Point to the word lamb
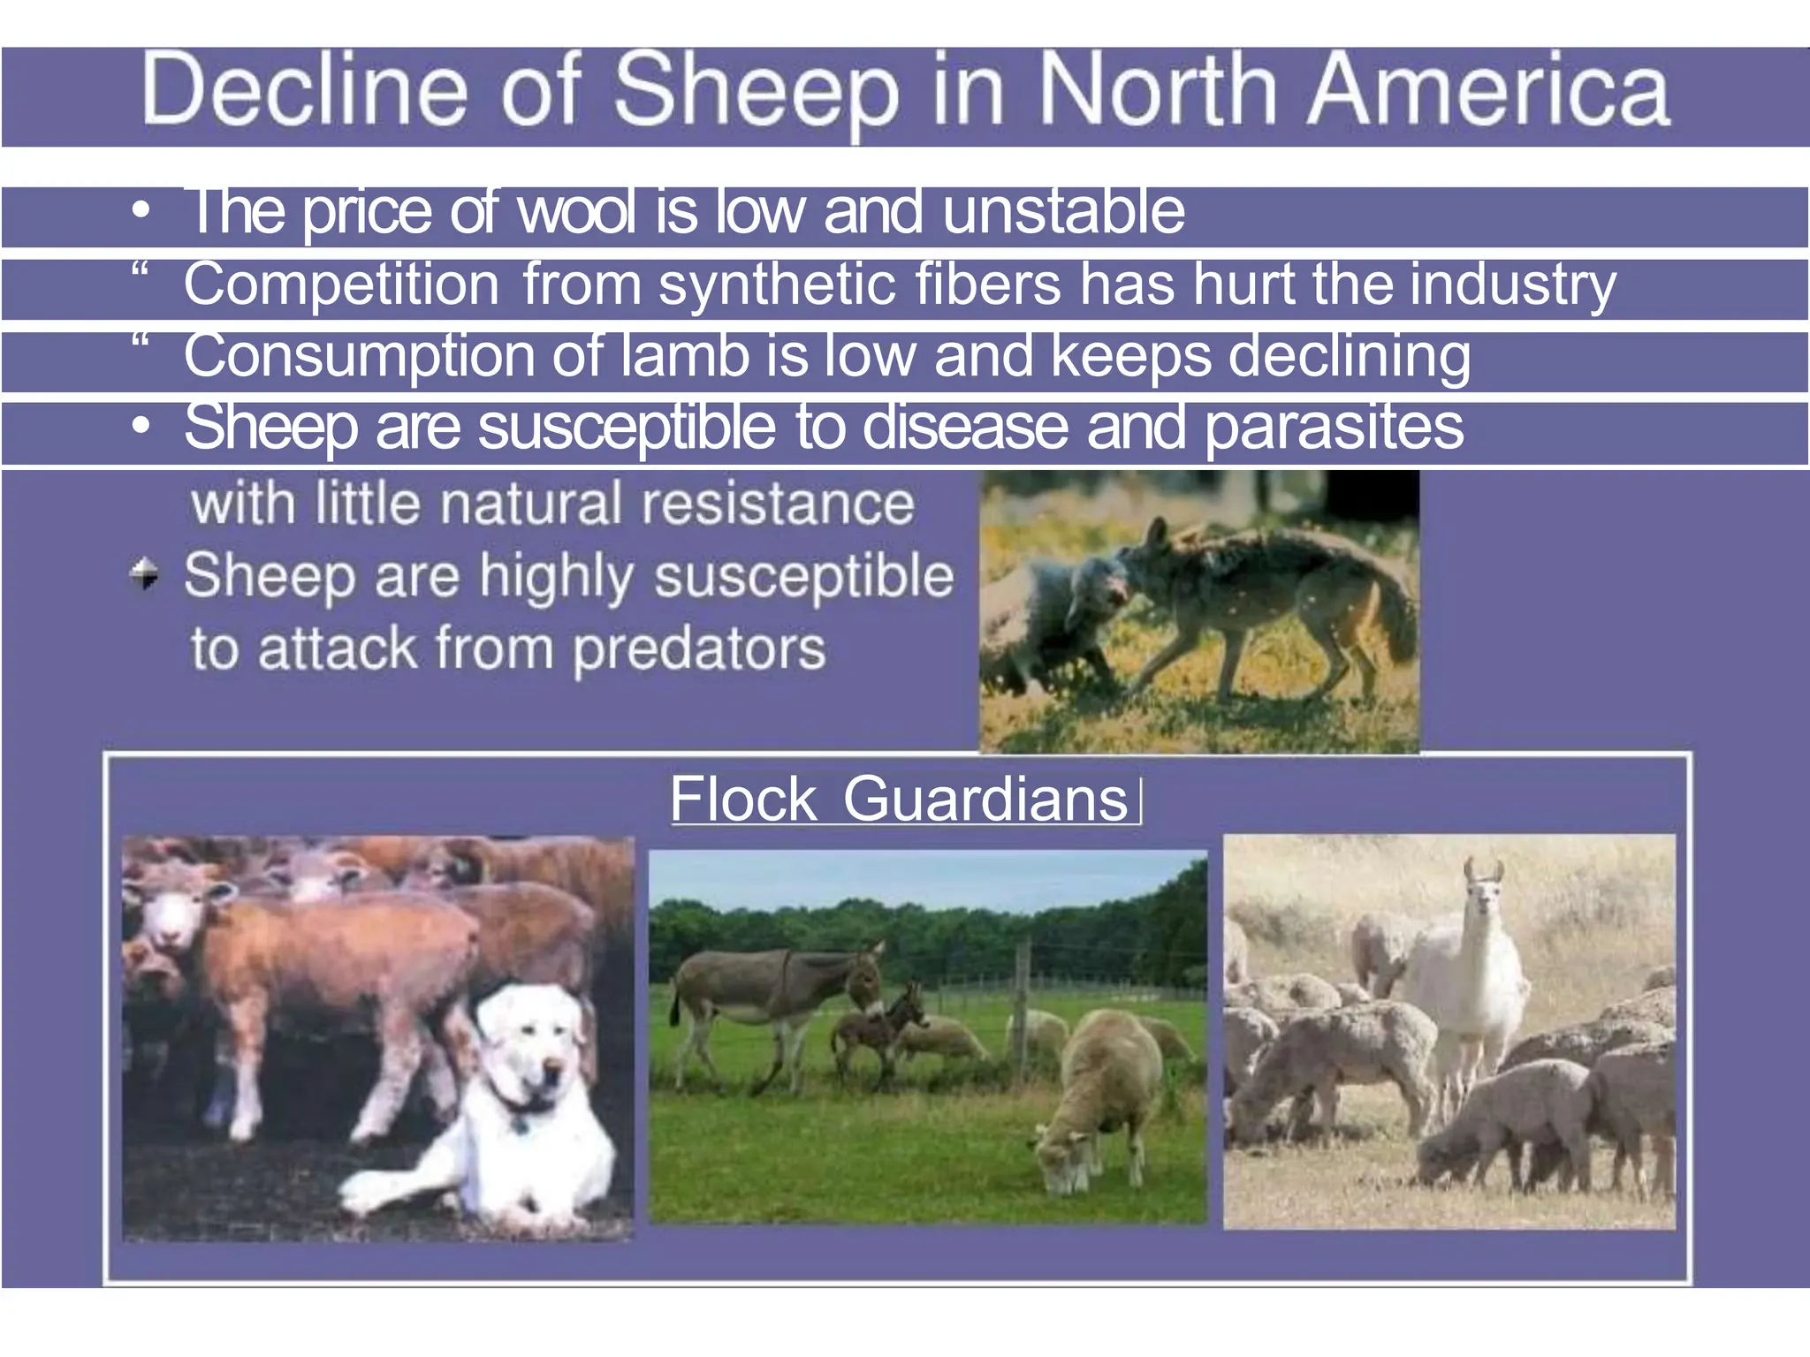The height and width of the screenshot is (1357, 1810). (685, 356)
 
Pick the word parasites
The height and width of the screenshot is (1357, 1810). (1335, 428)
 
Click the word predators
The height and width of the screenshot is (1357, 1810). (698, 649)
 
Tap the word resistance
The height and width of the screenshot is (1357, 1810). (778, 504)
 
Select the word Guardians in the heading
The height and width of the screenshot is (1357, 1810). (985, 800)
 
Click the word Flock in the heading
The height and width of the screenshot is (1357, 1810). (743, 800)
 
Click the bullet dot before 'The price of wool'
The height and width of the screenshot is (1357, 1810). (141, 212)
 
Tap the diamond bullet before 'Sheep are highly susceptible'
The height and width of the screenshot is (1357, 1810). (144, 574)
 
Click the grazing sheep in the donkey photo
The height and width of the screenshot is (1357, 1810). (1105, 1095)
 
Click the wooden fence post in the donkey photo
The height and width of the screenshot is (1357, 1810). (1023, 1007)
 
